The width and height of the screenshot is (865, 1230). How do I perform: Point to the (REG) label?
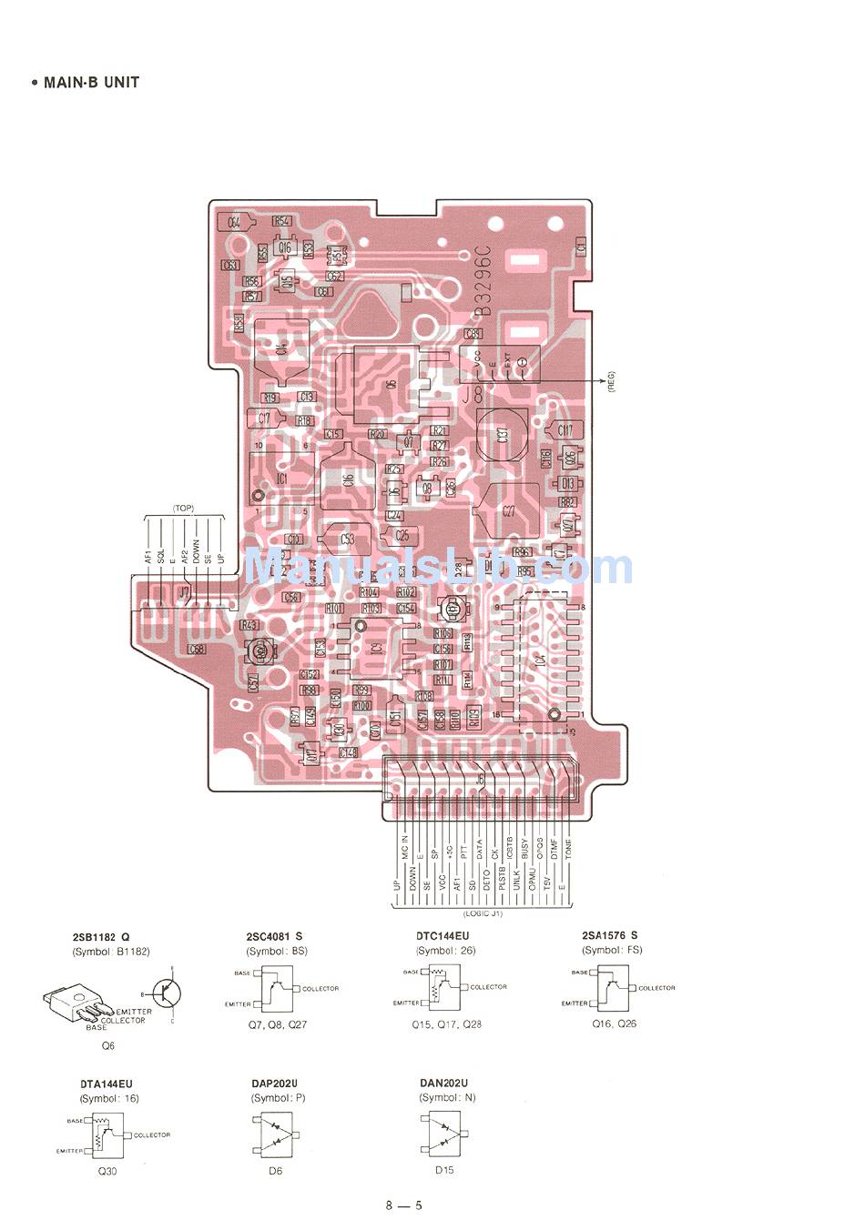click(x=611, y=383)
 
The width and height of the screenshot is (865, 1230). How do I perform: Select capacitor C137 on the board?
click(x=502, y=435)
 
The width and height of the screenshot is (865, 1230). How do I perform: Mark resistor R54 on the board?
click(x=282, y=221)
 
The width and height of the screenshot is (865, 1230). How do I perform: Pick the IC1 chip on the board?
click(x=281, y=478)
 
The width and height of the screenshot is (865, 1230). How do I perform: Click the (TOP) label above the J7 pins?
click(x=183, y=509)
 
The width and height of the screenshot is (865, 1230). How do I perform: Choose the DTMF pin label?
click(x=554, y=849)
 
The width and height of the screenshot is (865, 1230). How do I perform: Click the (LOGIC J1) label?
click(x=483, y=912)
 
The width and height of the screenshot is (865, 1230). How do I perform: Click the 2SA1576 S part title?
click(x=609, y=935)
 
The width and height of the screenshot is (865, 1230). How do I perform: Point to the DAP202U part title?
click(x=274, y=1084)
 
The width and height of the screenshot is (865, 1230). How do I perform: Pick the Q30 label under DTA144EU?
click(x=107, y=1171)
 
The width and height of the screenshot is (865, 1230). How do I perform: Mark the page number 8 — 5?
click(x=403, y=1206)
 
